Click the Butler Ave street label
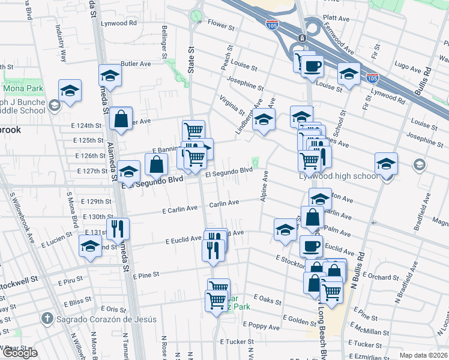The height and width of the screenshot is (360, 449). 136,64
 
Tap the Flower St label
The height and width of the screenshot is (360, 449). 220,25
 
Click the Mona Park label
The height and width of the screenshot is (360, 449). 21,89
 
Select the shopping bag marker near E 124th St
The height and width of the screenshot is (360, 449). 121,118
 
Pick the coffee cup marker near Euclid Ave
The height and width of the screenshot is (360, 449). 311,245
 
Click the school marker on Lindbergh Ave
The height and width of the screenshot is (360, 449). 264,119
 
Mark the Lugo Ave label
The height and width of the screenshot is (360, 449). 409,67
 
